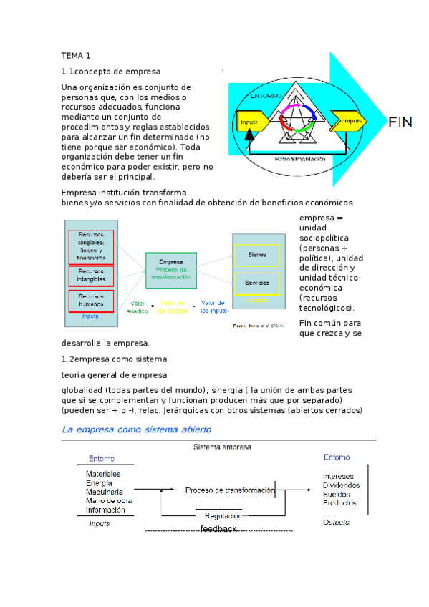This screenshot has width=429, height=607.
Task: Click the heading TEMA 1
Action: pyautogui.click(x=75, y=55)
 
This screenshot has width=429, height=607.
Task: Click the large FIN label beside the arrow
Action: pyautogui.click(x=400, y=122)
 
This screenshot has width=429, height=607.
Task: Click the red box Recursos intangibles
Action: pyautogui.click(x=91, y=276)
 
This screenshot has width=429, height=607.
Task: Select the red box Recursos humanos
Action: pyautogui.click(x=91, y=300)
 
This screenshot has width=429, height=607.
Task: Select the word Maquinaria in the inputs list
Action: pyautogui.click(x=104, y=492)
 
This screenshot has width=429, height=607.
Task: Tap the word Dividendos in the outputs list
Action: pyautogui.click(x=341, y=485)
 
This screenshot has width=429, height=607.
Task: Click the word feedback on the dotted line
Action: pyautogui.click(x=218, y=528)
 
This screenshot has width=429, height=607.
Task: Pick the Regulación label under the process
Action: pyautogui.click(x=223, y=515)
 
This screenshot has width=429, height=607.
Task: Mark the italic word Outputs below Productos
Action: pyautogui.click(x=336, y=523)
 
